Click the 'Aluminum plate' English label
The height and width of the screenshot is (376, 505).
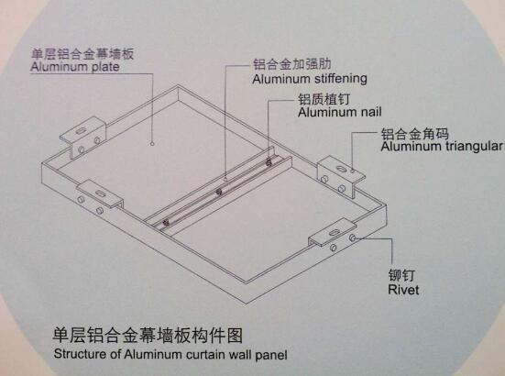75,67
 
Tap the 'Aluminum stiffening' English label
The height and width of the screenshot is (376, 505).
310,79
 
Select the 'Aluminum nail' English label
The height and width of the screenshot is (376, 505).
340,112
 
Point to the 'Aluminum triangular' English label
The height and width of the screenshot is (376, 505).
442,147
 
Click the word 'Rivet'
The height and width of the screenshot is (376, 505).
403,289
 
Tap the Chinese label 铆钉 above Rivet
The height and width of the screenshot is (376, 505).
402,275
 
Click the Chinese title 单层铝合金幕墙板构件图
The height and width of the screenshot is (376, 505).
148,335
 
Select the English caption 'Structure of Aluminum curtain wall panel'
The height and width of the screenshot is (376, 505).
170,354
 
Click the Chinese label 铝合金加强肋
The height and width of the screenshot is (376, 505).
292,64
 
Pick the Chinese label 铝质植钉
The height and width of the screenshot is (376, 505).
324,99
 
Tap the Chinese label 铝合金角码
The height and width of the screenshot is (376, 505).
415,133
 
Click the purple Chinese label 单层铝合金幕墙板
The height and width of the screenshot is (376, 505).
82,53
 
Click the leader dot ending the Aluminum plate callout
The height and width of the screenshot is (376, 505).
152,144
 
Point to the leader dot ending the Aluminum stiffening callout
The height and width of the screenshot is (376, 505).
225,178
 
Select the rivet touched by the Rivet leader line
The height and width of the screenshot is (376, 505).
353,238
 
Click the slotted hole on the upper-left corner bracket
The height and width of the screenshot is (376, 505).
80,131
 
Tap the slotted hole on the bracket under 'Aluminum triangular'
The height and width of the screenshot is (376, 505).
341,169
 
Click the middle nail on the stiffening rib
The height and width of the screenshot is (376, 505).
219,193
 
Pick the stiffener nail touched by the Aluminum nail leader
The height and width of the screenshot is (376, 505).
269,162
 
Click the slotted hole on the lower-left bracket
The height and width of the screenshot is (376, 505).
100,193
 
